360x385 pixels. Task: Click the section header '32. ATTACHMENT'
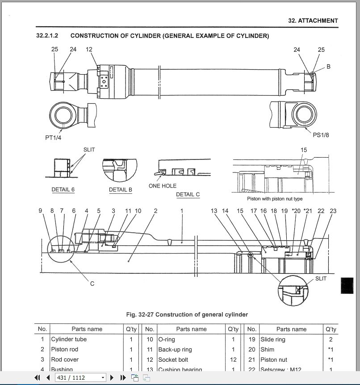(313, 21)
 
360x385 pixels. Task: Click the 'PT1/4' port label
(53, 138)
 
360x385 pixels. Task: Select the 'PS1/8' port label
(321, 135)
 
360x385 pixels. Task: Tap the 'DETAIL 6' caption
(63, 189)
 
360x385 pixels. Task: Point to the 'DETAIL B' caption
(121, 189)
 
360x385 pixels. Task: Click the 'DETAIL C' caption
(188, 194)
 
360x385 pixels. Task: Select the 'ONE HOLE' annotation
(163, 186)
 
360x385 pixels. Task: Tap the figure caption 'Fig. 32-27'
(186, 314)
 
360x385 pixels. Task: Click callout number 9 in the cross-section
(40, 211)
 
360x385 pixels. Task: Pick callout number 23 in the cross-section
(333, 211)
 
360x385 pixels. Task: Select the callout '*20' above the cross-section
(296, 211)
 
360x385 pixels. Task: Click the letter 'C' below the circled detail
(92, 284)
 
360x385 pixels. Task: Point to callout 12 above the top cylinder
(89, 49)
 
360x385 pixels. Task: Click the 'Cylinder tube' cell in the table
(69, 339)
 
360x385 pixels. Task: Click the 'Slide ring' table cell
(273, 339)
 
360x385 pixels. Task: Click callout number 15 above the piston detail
(304, 150)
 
